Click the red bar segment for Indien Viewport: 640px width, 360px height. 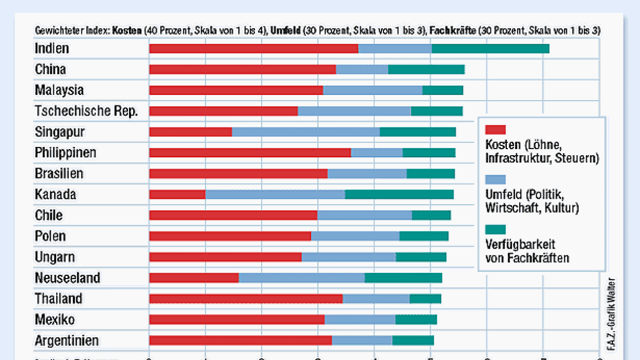[253, 48]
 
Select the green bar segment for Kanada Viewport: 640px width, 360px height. [399, 194]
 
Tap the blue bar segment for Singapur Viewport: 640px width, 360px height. [306, 132]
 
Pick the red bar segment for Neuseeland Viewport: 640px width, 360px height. [194, 278]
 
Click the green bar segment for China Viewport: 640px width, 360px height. [426, 70]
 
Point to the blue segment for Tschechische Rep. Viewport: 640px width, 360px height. [354, 111]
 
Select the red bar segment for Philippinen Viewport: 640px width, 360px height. [250, 153]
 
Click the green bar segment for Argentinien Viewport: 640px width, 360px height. [413, 340]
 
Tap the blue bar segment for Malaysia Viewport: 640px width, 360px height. [373, 90]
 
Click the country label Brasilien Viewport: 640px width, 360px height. [59, 174]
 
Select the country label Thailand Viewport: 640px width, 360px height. [58, 299]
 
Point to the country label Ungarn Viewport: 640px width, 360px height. [55, 257]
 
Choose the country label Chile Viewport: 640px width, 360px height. [49, 215]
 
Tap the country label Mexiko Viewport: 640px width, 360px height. [54, 320]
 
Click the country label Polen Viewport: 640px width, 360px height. [50, 236]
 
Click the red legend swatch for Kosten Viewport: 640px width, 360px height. [495, 129]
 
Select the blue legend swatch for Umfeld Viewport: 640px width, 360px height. [495, 179]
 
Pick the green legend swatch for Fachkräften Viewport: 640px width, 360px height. [495, 230]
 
